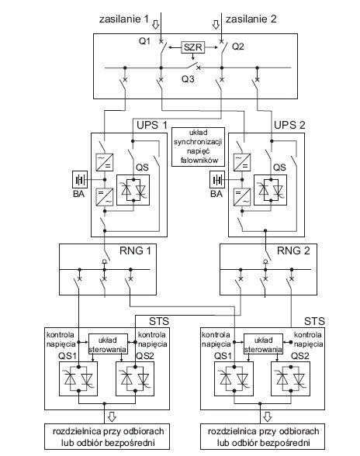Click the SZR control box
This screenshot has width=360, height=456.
point(193,47)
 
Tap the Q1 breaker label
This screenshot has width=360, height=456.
point(144,41)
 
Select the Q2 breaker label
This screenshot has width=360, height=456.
point(237,47)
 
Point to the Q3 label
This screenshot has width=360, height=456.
point(188,79)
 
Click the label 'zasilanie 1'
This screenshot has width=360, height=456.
point(124,19)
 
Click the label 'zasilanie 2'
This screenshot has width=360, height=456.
point(251,19)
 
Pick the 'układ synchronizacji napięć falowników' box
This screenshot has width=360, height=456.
point(198,147)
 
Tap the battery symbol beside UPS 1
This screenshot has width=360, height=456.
point(80,179)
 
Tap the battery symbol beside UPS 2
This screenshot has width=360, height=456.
point(217,179)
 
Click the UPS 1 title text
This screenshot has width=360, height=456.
point(152,125)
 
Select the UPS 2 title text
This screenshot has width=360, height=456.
point(289,125)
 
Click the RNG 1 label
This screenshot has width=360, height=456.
point(135,250)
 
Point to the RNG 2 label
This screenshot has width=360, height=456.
point(293,250)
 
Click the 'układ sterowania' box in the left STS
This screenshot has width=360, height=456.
point(108,344)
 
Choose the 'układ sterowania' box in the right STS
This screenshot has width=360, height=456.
point(263,344)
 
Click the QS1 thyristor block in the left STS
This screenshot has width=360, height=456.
point(78,378)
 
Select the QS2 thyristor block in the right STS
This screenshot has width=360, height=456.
point(290,378)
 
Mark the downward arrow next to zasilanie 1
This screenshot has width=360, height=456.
point(156,25)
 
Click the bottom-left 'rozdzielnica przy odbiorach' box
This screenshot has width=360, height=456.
point(107,436)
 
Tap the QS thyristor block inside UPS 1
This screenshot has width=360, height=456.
point(133,190)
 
